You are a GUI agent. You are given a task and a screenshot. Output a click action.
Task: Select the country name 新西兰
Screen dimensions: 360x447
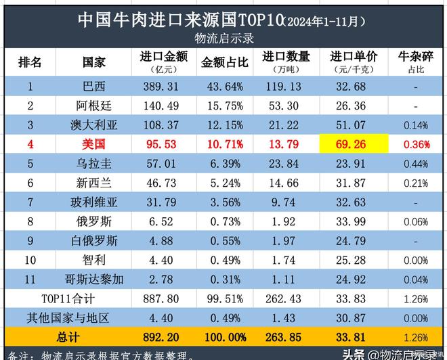coord(93,183)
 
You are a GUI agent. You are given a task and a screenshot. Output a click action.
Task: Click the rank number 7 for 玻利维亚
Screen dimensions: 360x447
coord(30,202)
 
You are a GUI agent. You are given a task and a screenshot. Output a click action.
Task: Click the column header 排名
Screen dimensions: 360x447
coord(30,62)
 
